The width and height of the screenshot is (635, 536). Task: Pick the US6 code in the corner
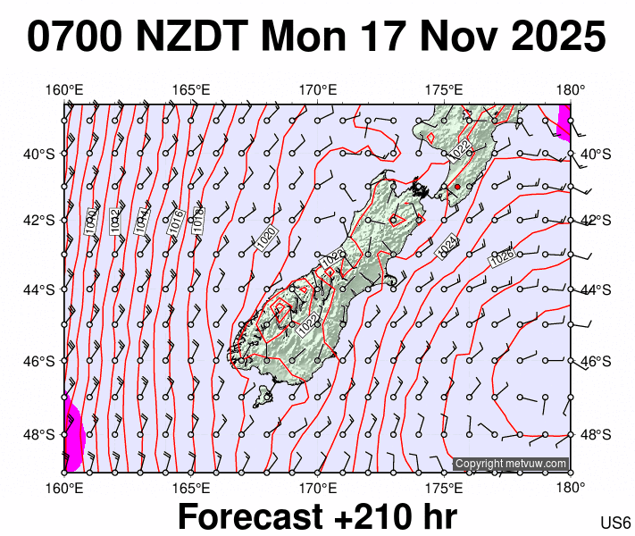coord(615,523)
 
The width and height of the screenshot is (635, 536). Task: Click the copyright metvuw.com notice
coord(511,464)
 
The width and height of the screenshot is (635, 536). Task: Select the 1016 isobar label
coord(176,221)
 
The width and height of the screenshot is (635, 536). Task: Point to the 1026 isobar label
coord(502,257)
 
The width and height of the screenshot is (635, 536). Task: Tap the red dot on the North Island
coord(457,186)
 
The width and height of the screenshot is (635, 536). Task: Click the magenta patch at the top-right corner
coord(564,121)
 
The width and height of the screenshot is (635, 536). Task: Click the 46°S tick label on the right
coord(592,362)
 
